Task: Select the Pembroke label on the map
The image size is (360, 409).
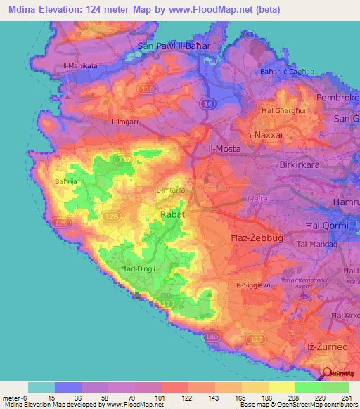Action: (337, 98)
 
